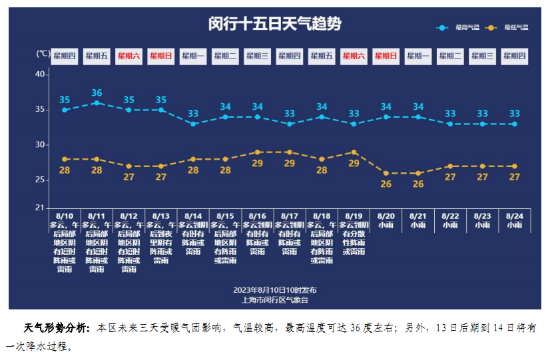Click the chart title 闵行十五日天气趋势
(274, 25)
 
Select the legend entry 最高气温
(467, 27)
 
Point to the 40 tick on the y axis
(40, 75)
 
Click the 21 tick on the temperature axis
(40, 208)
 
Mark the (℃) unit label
(42, 53)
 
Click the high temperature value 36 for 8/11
(97, 92)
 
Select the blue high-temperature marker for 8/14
(193, 124)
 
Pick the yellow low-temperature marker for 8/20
(386, 173)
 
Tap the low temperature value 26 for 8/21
(418, 184)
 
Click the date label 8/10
(65, 216)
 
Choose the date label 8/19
(354, 216)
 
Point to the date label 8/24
(514, 216)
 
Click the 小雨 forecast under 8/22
(450, 225)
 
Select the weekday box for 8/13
(161, 57)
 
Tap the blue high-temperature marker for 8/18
(322, 116)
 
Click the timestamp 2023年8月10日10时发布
(274, 290)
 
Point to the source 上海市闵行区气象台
(274, 300)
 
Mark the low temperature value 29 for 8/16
(258, 163)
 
